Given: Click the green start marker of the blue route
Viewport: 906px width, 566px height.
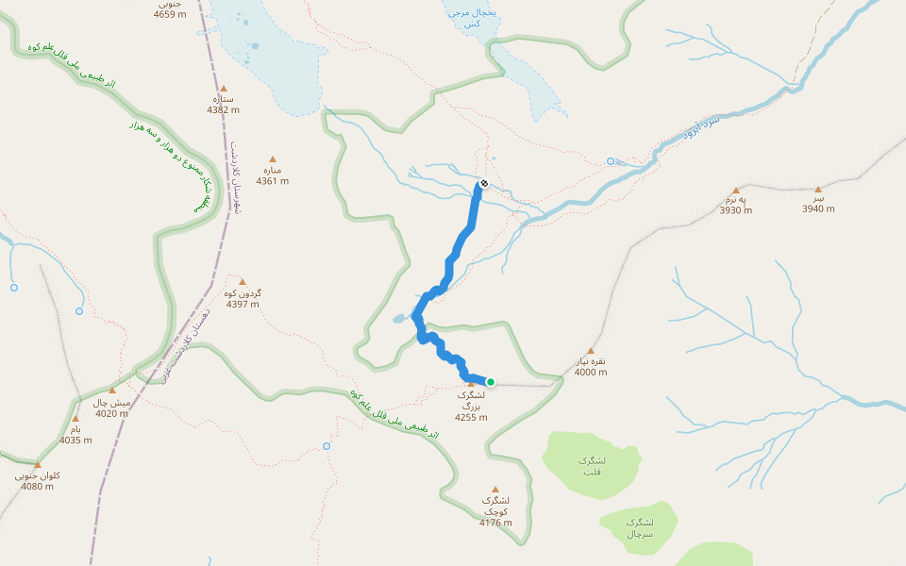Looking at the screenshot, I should [x=491, y=382].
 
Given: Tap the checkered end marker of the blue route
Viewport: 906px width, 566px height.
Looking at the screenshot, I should [x=484, y=183].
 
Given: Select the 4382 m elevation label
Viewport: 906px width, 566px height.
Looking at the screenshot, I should [x=224, y=110].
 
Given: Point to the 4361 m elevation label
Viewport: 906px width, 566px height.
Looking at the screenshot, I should [x=273, y=181].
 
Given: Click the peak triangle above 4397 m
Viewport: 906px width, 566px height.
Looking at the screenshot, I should [x=243, y=282].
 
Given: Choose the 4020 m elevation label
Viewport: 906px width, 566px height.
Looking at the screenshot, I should [x=111, y=413].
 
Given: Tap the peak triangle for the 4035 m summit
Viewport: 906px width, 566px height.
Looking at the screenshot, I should [x=75, y=419].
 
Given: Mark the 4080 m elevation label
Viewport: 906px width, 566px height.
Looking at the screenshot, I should [x=38, y=487].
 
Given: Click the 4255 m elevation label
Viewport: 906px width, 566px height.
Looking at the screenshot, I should [x=471, y=417].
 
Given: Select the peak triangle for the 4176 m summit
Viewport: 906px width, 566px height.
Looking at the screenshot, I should [x=495, y=489].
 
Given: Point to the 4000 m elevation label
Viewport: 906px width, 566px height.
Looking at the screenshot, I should [x=591, y=372].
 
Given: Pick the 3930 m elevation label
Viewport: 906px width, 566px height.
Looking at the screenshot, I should [x=736, y=210].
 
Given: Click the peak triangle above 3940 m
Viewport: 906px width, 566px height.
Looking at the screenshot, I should [x=818, y=189].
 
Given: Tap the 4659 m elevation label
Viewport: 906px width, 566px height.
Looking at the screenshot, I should [x=170, y=15].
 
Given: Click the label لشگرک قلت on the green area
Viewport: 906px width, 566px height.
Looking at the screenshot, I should [x=592, y=465].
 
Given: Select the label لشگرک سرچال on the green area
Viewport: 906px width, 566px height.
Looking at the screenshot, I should [x=638, y=527].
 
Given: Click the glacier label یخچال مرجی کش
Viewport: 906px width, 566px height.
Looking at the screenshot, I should [x=463, y=17].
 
